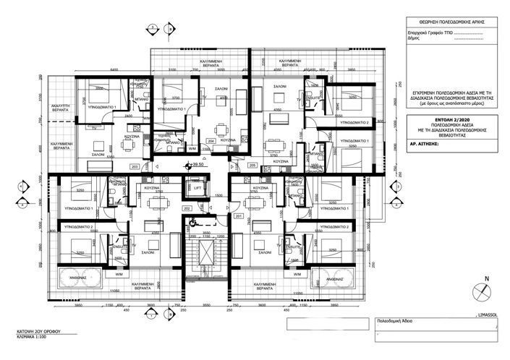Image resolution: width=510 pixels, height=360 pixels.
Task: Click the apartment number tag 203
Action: (135, 166)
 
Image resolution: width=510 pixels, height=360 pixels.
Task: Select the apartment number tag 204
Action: (211, 140)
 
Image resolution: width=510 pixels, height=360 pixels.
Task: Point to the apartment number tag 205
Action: (252, 166)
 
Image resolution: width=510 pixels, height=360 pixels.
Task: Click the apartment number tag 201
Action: (239, 216)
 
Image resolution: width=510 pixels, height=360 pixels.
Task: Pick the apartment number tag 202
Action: (187, 208)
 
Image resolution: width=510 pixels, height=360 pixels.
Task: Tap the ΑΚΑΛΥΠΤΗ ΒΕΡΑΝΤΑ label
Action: (54, 109)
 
